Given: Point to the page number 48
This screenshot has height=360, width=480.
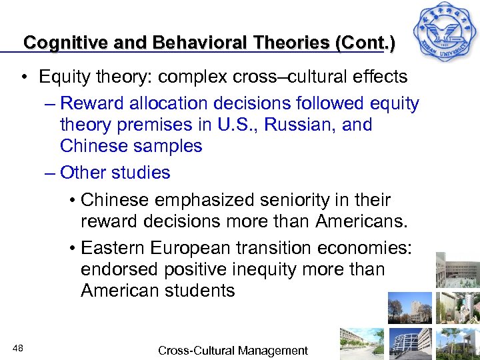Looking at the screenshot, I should click(18, 347).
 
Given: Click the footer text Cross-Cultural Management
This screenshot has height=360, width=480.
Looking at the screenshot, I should click(233, 351).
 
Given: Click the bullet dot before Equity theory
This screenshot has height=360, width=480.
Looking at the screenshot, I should click(23, 77).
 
